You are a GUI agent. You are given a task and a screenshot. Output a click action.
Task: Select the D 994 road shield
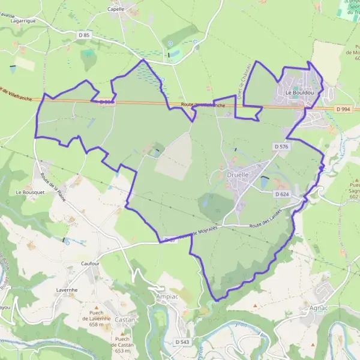point(343,109)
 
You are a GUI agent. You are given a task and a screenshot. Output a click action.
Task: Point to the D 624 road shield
point(282,194)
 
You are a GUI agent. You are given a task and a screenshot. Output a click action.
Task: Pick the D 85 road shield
point(83,35)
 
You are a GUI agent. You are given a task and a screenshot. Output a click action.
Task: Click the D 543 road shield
point(182,341)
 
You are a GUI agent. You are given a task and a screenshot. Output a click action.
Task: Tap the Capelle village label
point(116,9)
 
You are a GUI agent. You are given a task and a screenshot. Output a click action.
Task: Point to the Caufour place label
point(89,263)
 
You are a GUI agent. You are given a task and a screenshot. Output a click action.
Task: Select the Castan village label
point(125,320)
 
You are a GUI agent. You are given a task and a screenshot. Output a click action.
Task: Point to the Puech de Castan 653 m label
point(124,345)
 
